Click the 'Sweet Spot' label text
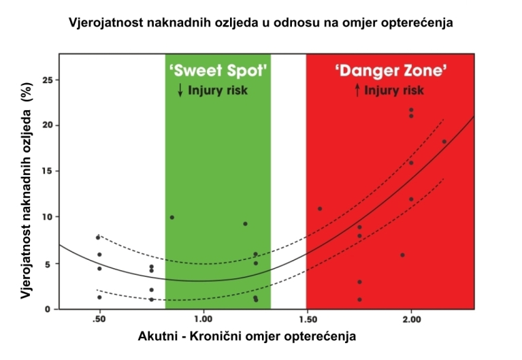[218, 70]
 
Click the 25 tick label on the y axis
[46, 80]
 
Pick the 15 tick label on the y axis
[46, 171]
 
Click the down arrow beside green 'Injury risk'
[180, 90]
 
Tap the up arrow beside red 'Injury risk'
[357, 90]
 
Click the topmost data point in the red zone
[411, 110]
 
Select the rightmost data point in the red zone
[444, 142]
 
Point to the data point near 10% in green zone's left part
[172, 217]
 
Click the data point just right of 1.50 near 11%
[320, 208]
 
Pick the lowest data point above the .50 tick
[99, 297]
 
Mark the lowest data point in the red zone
[359, 299]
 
